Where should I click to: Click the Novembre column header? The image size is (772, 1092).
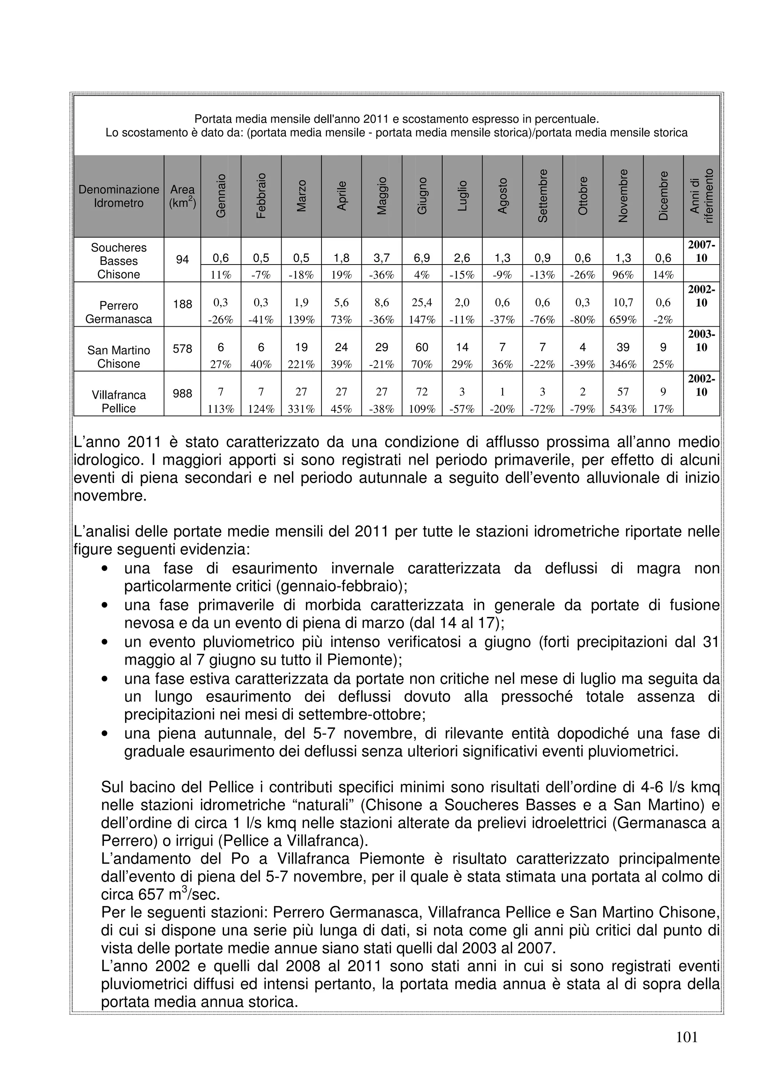(623, 196)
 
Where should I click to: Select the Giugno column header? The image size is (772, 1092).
(422, 196)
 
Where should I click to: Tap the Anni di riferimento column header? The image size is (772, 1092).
(702, 196)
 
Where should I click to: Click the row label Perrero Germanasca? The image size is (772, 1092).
(118, 312)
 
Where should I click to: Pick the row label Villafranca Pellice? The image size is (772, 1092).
(118, 401)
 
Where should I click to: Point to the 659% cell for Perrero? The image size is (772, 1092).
(623, 320)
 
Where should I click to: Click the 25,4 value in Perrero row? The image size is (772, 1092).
(422, 303)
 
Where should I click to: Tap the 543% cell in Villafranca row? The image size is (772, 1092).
(623, 409)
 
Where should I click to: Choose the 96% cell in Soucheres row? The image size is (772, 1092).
(623, 275)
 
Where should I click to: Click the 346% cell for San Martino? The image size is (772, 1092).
(623, 365)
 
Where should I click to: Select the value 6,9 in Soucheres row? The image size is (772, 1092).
(422, 258)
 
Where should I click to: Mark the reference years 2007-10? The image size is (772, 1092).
(702, 252)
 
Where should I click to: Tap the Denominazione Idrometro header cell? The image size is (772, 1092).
(118, 196)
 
